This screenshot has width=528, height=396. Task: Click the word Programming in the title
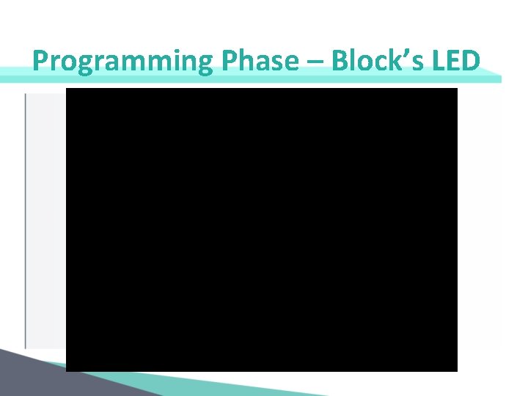point(121,61)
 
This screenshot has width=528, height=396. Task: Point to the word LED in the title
point(455,61)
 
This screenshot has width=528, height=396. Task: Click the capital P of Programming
point(41,61)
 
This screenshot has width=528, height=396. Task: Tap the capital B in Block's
point(340,61)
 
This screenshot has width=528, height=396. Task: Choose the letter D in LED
point(471,61)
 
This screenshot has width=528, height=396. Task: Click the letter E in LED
point(452,61)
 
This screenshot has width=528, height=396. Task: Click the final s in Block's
point(414,63)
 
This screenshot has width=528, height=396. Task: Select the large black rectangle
point(262,230)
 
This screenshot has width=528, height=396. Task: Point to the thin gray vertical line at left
point(26,220)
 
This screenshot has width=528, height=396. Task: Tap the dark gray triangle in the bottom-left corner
point(22,378)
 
